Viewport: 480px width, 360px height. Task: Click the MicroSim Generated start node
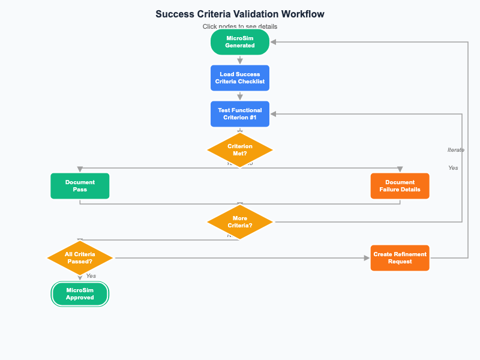click(240, 42)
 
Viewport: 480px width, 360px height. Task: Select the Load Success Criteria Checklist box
click(240, 78)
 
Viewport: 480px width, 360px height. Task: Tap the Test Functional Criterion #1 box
click(240, 114)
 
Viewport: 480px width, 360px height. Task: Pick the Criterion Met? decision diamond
click(240, 150)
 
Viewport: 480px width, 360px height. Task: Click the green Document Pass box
click(80, 186)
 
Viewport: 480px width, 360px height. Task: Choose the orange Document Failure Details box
click(400, 186)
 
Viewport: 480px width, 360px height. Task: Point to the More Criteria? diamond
click(240, 222)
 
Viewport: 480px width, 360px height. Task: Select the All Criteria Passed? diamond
click(80, 258)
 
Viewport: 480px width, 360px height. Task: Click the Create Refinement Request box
click(400, 258)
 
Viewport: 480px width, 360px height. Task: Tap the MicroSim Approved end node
click(80, 294)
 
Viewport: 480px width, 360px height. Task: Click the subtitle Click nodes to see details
click(240, 26)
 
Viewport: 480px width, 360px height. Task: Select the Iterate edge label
click(455, 150)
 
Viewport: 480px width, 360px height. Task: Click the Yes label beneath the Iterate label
click(453, 168)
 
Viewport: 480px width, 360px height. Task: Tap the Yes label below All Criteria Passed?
click(91, 276)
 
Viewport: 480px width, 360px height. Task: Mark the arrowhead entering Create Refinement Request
click(367, 258)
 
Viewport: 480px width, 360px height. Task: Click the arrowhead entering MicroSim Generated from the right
click(274, 42)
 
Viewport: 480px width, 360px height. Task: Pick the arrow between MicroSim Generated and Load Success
click(240, 60)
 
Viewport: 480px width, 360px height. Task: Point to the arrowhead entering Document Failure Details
click(400, 170)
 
